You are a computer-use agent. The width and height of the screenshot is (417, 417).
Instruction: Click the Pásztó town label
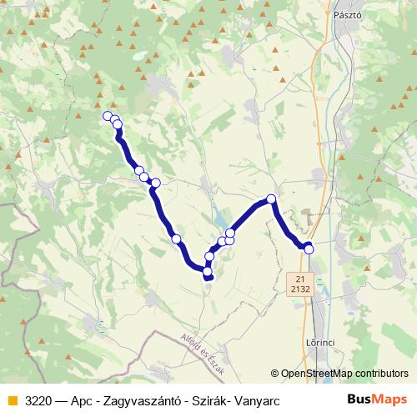344,15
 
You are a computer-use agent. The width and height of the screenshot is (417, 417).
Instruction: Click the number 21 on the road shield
301,278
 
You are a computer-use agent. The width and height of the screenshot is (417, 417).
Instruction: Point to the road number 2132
301,289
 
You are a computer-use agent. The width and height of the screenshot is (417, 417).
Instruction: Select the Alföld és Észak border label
203,354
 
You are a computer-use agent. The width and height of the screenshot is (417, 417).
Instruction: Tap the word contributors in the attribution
382,374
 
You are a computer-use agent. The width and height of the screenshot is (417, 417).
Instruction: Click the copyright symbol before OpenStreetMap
275,374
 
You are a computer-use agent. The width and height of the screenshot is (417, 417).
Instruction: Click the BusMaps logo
376,399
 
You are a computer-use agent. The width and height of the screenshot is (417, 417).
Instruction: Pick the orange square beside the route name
12,400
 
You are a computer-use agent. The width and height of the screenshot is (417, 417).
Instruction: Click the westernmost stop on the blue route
107,116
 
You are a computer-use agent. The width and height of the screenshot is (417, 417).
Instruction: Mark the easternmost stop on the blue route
309,248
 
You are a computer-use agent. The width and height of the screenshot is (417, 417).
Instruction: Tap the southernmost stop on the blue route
208,277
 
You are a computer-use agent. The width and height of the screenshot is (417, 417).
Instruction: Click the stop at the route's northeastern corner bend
270,199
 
